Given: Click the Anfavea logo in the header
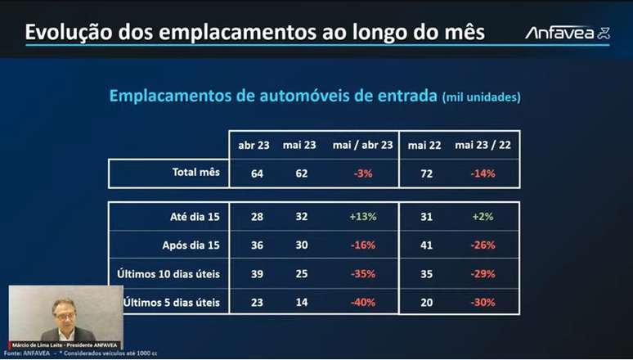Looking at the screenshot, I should click(566, 33).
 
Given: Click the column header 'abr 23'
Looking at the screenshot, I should click(253, 145).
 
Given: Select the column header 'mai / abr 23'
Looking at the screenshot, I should click(362, 145).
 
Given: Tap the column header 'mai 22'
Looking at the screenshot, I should click(424, 145).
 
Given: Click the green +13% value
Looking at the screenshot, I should click(362, 217).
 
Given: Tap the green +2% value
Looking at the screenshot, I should click(482, 217).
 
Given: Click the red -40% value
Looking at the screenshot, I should click(362, 302).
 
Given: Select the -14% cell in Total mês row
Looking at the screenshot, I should click(482, 173).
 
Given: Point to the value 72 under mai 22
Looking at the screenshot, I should click(424, 173).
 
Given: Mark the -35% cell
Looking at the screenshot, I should click(362, 273).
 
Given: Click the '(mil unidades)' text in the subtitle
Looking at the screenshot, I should click(482, 97).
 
